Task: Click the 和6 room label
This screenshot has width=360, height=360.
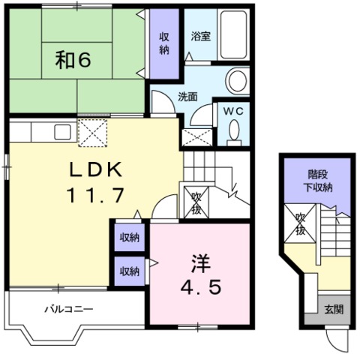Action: [x=73, y=60]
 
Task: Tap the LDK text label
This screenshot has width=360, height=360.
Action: [x=96, y=169]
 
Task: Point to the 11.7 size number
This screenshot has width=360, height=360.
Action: [x=95, y=195]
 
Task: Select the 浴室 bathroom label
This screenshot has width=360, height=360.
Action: [x=201, y=36]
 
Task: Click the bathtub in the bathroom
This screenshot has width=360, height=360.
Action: [x=233, y=34]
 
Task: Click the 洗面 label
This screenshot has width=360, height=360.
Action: [x=187, y=97]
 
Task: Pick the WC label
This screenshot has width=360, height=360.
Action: [x=233, y=112]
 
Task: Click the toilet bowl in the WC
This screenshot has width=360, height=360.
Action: [x=234, y=130]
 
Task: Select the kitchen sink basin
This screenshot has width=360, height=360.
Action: [x=62, y=132]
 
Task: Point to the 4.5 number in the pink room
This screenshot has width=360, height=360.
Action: [x=201, y=287]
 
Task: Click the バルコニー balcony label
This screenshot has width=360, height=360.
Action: [x=69, y=309]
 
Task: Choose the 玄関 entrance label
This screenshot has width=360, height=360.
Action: [x=334, y=310]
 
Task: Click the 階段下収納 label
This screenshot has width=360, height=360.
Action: [x=318, y=181]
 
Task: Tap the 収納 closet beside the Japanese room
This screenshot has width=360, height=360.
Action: [x=164, y=43]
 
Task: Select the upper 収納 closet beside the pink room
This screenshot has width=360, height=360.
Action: [x=130, y=238]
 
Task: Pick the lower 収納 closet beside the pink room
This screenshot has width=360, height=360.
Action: [x=130, y=271]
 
